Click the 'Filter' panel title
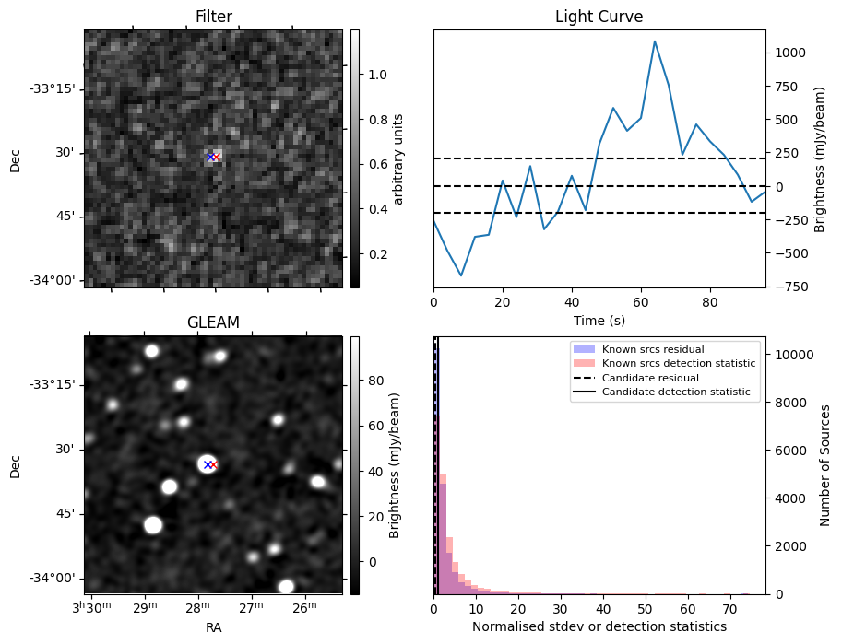coord(213,17)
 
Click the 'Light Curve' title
coord(599,17)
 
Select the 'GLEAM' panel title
coord(213,322)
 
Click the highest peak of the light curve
coord(655,41)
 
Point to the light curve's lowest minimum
coord(461,275)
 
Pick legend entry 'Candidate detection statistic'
coord(675,392)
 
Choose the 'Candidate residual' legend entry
coord(650,378)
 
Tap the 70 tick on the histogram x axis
coord(729,609)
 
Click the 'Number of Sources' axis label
coord(825,465)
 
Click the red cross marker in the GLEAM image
coord(213,464)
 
